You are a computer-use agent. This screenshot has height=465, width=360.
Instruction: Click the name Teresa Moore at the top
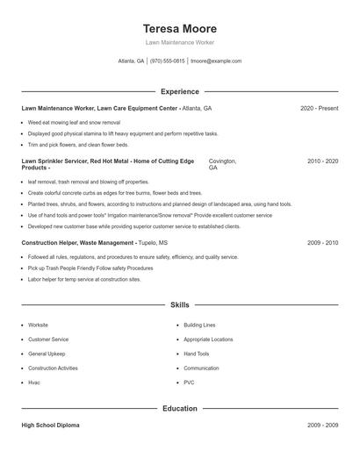click(x=179, y=28)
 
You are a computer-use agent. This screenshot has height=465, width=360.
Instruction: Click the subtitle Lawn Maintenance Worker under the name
click(x=179, y=42)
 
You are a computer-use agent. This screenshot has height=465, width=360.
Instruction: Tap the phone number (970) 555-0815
click(x=167, y=61)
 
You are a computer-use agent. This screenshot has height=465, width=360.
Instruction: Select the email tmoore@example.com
click(x=216, y=61)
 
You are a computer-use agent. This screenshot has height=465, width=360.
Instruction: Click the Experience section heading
click(x=179, y=91)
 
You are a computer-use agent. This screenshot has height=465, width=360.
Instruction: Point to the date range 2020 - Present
click(x=319, y=108)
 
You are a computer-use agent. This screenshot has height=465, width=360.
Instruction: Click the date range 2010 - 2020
click(x=322, y=161)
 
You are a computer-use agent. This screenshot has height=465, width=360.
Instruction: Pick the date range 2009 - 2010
click(x=322, y=241)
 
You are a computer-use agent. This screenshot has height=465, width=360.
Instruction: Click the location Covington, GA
click(x=222, y=164)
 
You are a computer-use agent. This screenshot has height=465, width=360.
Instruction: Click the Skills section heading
click(x=179, y=304)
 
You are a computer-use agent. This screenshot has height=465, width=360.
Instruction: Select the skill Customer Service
click(x=48, y=339)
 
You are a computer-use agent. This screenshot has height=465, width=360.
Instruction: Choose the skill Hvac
click(x=34, y=383)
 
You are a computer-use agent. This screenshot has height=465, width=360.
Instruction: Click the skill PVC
click(x=189, y=383)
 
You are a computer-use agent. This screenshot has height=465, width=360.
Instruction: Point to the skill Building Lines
click(x=199, y=325)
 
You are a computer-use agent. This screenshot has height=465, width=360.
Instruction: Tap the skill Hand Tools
click(x=197, y=354)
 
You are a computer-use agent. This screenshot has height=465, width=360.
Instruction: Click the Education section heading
click(x=179, y=409)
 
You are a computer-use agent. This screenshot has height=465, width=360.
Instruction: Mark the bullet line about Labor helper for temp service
click(x=83, y=279)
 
